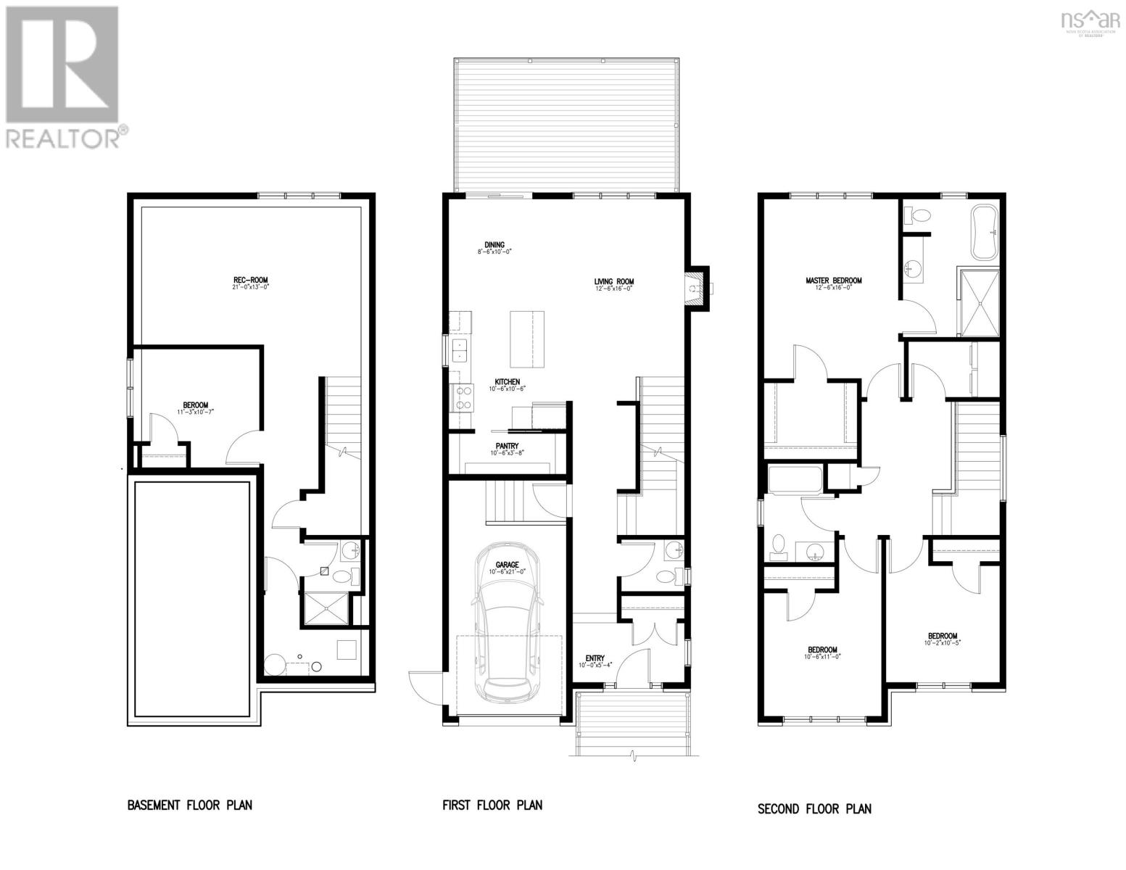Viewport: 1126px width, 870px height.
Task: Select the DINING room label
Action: (x=494, y=245)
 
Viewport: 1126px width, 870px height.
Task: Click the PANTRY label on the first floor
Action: (x=506, y=447)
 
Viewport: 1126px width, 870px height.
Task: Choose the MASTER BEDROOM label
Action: (x=834, y=281)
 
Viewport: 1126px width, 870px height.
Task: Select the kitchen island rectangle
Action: (x=527, y=339)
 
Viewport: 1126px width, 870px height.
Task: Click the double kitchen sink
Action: (x=460, y=350)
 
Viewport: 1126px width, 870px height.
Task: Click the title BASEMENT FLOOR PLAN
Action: (x=190, y=805)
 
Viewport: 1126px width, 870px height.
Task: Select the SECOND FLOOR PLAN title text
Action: (x=814, y=808)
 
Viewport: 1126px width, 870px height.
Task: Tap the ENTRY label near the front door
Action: (x=595, y=658)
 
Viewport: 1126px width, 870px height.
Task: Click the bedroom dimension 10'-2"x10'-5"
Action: (x=943, y=643)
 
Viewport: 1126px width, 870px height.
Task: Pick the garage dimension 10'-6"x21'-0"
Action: (x=507, y=573)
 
